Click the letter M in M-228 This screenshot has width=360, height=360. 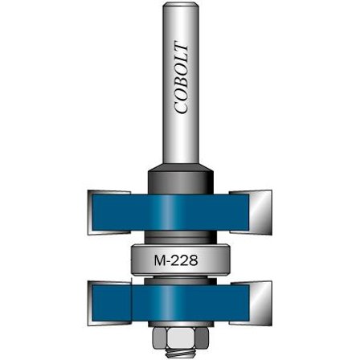click(x=159, y=260)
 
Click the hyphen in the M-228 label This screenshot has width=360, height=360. click(x=170, y=261)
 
